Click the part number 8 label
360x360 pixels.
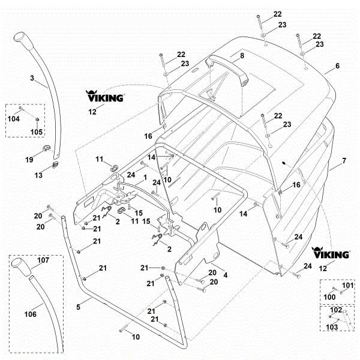tap(242, 56)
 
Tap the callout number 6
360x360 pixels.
tap(337, 66)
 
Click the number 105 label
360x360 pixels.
tap(37, 131)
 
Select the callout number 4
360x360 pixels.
tap(225, 274)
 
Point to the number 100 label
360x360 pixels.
tap(329, 297)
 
